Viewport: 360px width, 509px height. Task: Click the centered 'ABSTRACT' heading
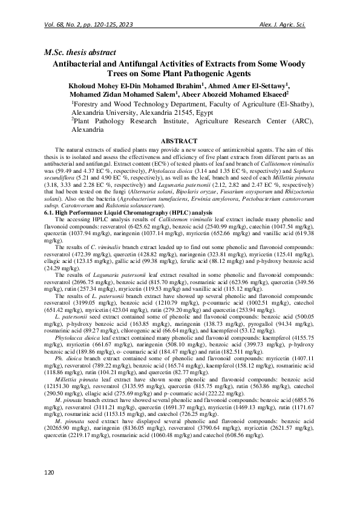click(180, 140)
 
